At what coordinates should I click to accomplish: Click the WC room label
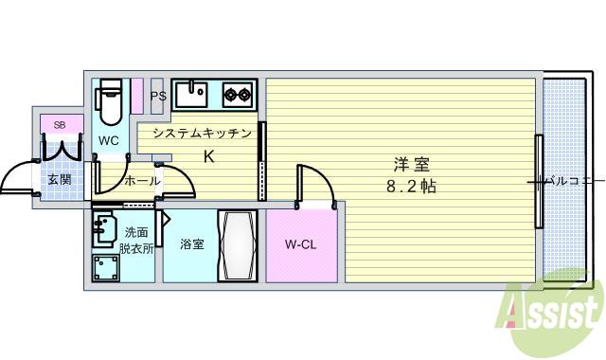(109, 141)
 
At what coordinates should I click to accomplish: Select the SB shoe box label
(60, 125)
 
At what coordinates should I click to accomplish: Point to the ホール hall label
(142, 180)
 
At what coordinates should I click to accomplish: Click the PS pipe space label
(158, 96)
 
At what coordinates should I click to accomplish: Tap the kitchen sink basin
(197, 95)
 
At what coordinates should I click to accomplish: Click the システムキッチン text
(202, 134)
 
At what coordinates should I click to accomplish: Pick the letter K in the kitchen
(209, 155)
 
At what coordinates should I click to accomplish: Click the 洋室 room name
(408, 162)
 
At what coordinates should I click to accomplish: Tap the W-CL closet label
(300, 244)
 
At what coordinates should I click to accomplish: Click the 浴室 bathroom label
(192, 244)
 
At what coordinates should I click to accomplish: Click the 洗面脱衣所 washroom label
(136, 241)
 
